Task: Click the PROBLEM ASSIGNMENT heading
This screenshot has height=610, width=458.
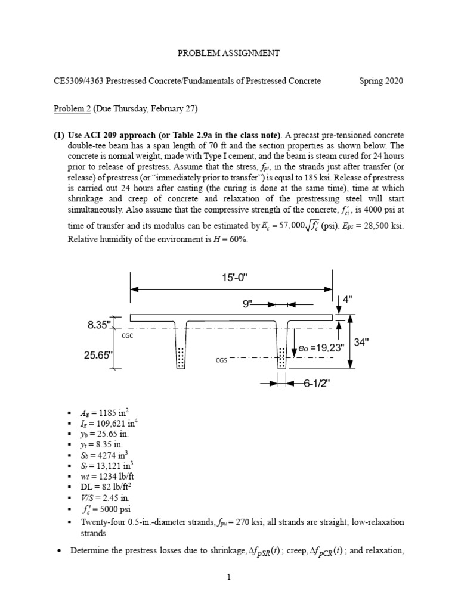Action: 228,53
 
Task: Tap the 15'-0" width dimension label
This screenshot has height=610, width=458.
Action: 231,278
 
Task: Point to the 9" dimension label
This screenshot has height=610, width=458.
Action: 247,304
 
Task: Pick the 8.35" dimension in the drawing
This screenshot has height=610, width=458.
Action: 98,325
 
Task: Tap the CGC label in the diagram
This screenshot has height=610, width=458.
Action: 127,336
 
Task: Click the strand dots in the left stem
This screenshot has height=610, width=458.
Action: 180,359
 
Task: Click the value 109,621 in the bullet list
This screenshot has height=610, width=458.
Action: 105,423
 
